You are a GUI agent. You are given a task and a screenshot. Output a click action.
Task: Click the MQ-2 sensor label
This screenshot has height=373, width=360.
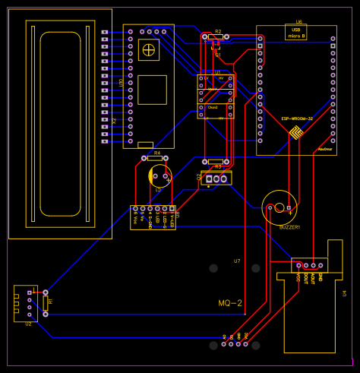coord(230,303)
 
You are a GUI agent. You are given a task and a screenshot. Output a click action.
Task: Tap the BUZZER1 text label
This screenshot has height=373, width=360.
coord(290,227)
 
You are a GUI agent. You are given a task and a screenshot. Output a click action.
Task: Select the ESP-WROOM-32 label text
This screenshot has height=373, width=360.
coord(297,119)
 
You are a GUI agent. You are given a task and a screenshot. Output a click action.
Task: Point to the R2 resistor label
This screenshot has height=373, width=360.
coord(218,32)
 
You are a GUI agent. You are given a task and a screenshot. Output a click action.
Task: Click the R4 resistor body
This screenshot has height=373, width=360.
coord(156,158)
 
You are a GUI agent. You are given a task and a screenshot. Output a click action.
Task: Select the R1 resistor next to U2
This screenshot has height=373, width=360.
coord(46,302)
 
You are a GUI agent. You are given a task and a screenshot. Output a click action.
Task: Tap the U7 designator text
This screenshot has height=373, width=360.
coord(237,261)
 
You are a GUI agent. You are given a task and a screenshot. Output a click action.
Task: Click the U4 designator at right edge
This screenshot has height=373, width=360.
coord(344,293)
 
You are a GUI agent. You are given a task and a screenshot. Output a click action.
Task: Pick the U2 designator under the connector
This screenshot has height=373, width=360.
coord(28,324)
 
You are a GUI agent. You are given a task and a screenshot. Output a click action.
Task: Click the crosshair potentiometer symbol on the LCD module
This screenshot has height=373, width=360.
coord(149,49)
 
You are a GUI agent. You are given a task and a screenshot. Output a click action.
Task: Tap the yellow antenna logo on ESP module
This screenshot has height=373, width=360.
coord(295,134)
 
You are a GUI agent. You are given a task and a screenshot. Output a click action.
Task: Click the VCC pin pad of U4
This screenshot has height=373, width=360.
coord(299,266)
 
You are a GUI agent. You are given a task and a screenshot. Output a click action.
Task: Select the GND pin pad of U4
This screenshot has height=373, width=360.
coord(321,266)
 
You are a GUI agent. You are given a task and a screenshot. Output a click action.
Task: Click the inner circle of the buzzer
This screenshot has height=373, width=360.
coord(279,207)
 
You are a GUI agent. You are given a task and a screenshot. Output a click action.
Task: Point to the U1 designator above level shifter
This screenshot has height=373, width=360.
coord(216,72)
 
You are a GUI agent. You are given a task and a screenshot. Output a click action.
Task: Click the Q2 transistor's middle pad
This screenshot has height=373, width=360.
coord(216,179)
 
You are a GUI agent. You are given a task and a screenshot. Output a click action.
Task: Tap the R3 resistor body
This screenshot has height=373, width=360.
coord(218,162)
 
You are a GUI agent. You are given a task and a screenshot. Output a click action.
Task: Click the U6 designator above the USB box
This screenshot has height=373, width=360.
coord(298,22)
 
